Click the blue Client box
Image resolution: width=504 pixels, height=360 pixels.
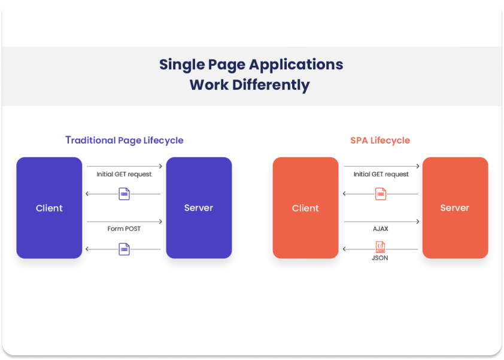pos(49,208)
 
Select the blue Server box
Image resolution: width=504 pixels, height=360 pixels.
pos(199,208)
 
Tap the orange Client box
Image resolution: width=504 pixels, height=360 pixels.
pos(305,208)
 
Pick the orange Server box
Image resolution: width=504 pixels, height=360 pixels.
pos(455,208)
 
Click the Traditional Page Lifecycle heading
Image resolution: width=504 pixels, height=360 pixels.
pos(124,141)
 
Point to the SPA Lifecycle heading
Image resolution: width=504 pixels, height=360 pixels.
pos(380,141)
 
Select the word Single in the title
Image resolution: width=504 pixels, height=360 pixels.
pos(181,65)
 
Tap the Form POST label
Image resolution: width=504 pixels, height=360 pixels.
pos(124,228)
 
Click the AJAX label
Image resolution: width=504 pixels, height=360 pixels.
pos(380,228)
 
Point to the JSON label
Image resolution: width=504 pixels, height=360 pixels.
pos(380,258)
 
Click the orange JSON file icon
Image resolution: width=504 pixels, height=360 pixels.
pos(380,246)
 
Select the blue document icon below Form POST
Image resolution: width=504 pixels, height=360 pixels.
pos(124,249)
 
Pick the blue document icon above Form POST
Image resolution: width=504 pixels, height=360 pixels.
pos(124,194)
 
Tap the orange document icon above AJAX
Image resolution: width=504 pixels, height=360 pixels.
pos(380,194)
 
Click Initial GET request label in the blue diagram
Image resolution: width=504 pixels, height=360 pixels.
pos(124,174)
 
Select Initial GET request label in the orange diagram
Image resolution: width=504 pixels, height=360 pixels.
pos(381,174)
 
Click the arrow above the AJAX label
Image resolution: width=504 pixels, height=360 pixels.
pos(381,222)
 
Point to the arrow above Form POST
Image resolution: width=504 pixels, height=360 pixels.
pos(124,222)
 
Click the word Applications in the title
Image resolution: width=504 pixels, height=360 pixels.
pos(297,65)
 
